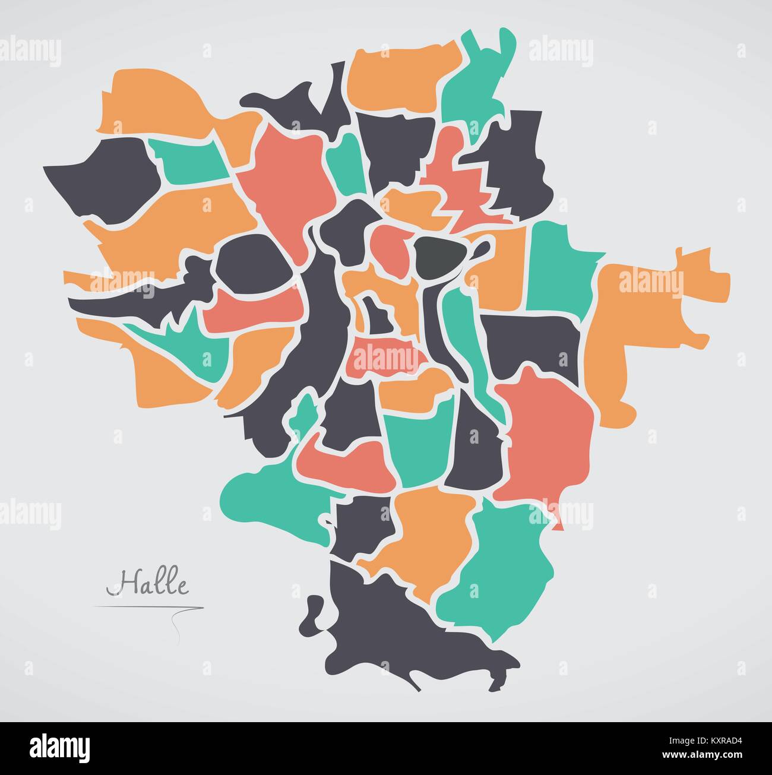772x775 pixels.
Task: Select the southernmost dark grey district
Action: click(x=404, y=630)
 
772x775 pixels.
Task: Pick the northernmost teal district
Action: click(x=481, y=77)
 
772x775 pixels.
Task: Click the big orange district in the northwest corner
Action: click(x=154, y=101)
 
